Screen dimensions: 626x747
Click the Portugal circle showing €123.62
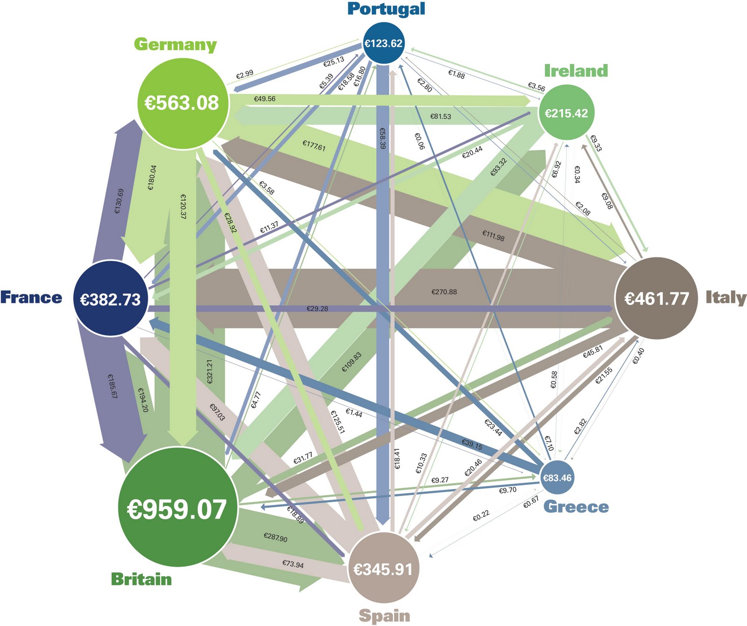[x=383, y=43]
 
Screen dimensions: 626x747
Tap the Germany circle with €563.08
[x=182, y=103]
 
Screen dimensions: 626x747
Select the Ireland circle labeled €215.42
[x=566, y=113]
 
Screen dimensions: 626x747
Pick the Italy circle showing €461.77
[x=657, y=298]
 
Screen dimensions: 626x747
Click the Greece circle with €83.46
[x=557, y=477]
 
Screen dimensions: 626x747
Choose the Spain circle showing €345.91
[x=383, y=569]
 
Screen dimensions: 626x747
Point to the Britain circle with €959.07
[x=177, y=508]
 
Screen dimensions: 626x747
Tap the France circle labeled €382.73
[x=111, y=299]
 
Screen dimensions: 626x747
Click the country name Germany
[x=175, y=44]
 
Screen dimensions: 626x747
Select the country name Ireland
[x=576, y=71]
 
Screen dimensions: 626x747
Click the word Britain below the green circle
[x=141, y=579]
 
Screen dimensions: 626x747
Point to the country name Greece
[x=576, y=507]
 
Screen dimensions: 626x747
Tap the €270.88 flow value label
[x=444, y=292]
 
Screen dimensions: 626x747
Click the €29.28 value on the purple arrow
[x=317, y=309]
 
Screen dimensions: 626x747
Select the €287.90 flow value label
[x=275, y=538]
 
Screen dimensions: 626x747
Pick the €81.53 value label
[x=441, y=116]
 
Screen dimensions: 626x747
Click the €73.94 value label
[x=293, y=564]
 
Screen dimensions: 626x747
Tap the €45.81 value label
[x=592, y=352]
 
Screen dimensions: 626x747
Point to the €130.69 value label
[x=119, y=201]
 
